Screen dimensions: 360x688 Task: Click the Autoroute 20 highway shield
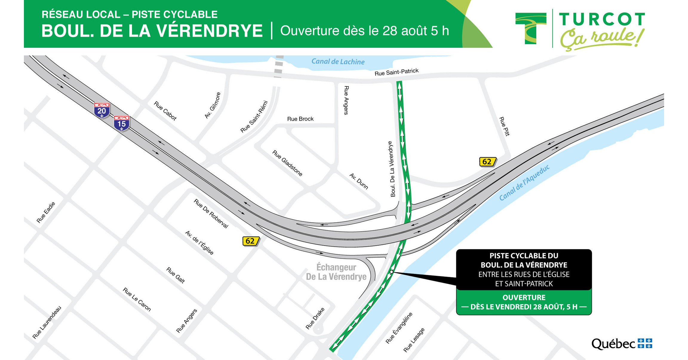tap(102, 110)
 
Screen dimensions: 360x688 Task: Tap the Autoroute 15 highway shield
tap(121, 123)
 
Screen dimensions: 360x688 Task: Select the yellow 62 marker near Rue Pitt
tap(487, 161)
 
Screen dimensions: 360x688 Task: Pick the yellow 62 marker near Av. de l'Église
tap(251, 241)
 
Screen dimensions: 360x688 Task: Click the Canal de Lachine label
tap(338, 61)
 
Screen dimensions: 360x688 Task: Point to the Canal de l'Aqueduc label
tap(524, 183)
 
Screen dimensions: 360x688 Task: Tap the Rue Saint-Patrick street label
tap(396, 72)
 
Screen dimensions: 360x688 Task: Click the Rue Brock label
tap(300, 119)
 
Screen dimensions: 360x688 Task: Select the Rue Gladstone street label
tap(287, 163)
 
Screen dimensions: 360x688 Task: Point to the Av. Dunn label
tap(359, 181)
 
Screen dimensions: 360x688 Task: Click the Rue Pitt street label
tap(504, 126)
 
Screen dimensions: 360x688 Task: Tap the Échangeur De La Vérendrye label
tap(336, 272)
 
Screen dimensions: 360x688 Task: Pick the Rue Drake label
tap(315, 318)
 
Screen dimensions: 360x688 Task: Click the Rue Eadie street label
tap(46, 212)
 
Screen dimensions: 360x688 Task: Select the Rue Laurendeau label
tap(47, 322)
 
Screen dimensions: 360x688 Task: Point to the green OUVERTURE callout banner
tap(524, 302)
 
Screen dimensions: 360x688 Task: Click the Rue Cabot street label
tap(165, 111)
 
